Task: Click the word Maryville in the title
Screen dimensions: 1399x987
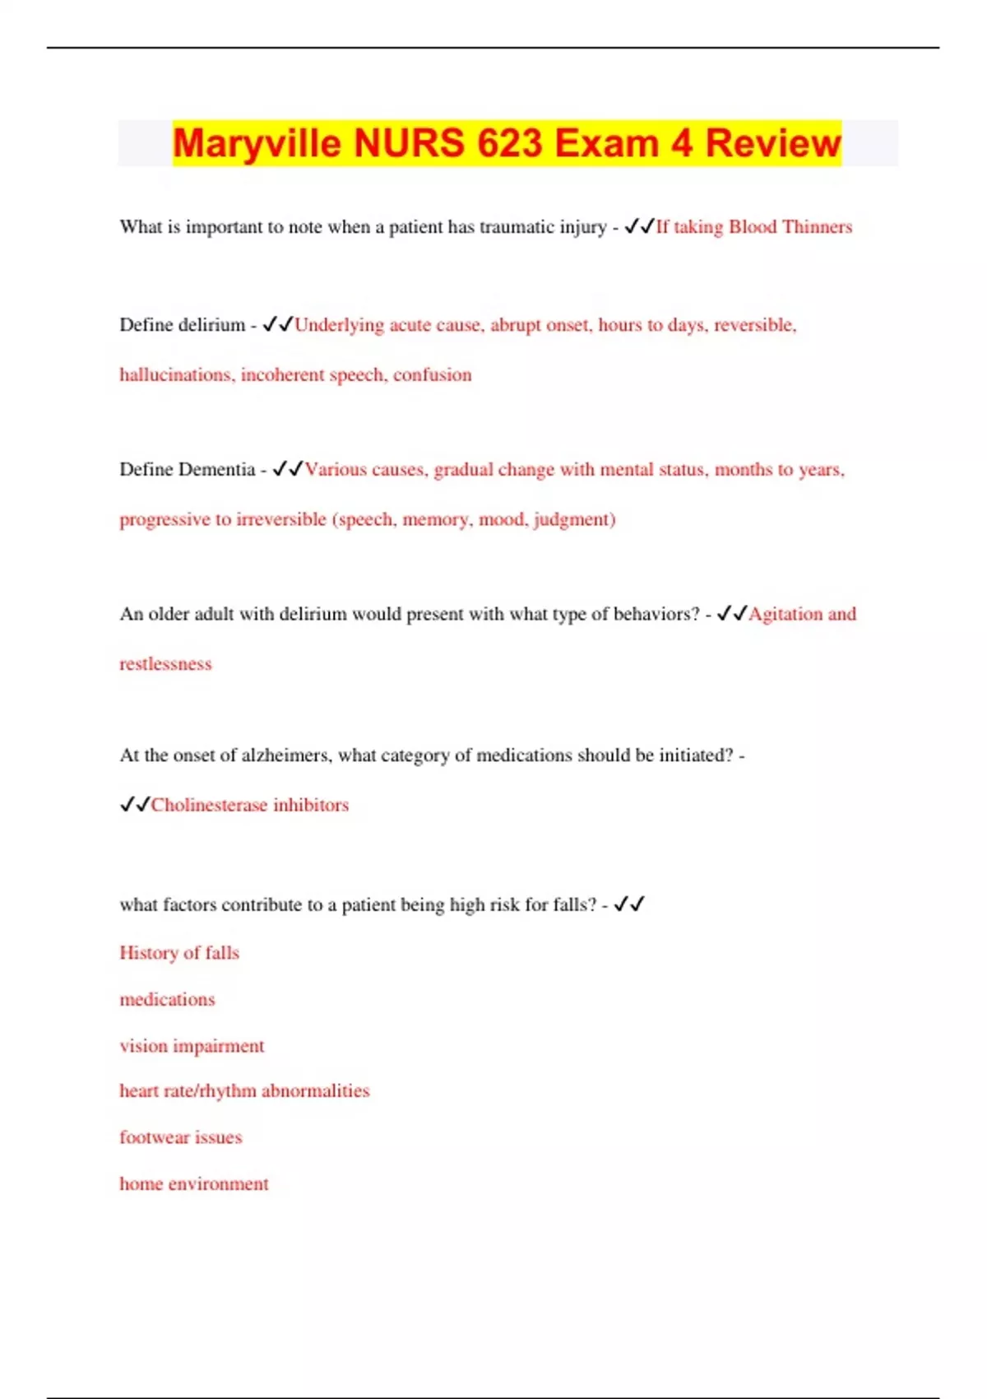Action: (257, 143)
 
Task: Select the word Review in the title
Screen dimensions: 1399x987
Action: (773, 143)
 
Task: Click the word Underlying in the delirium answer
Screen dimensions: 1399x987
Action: (339, 325)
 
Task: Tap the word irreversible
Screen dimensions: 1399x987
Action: (280, 520)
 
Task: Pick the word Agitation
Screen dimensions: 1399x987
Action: (785, 614)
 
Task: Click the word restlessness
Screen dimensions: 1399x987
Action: (165, 664)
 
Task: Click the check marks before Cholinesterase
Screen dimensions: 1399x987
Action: (135, 805)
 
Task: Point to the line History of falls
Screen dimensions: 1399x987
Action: (179, 953)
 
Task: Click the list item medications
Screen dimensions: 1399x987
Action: (167, 1000)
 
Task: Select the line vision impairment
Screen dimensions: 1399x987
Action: (192, 1047)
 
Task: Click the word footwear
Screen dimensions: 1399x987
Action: (154, 1138)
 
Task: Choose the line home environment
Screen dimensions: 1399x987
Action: (194, 1184)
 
